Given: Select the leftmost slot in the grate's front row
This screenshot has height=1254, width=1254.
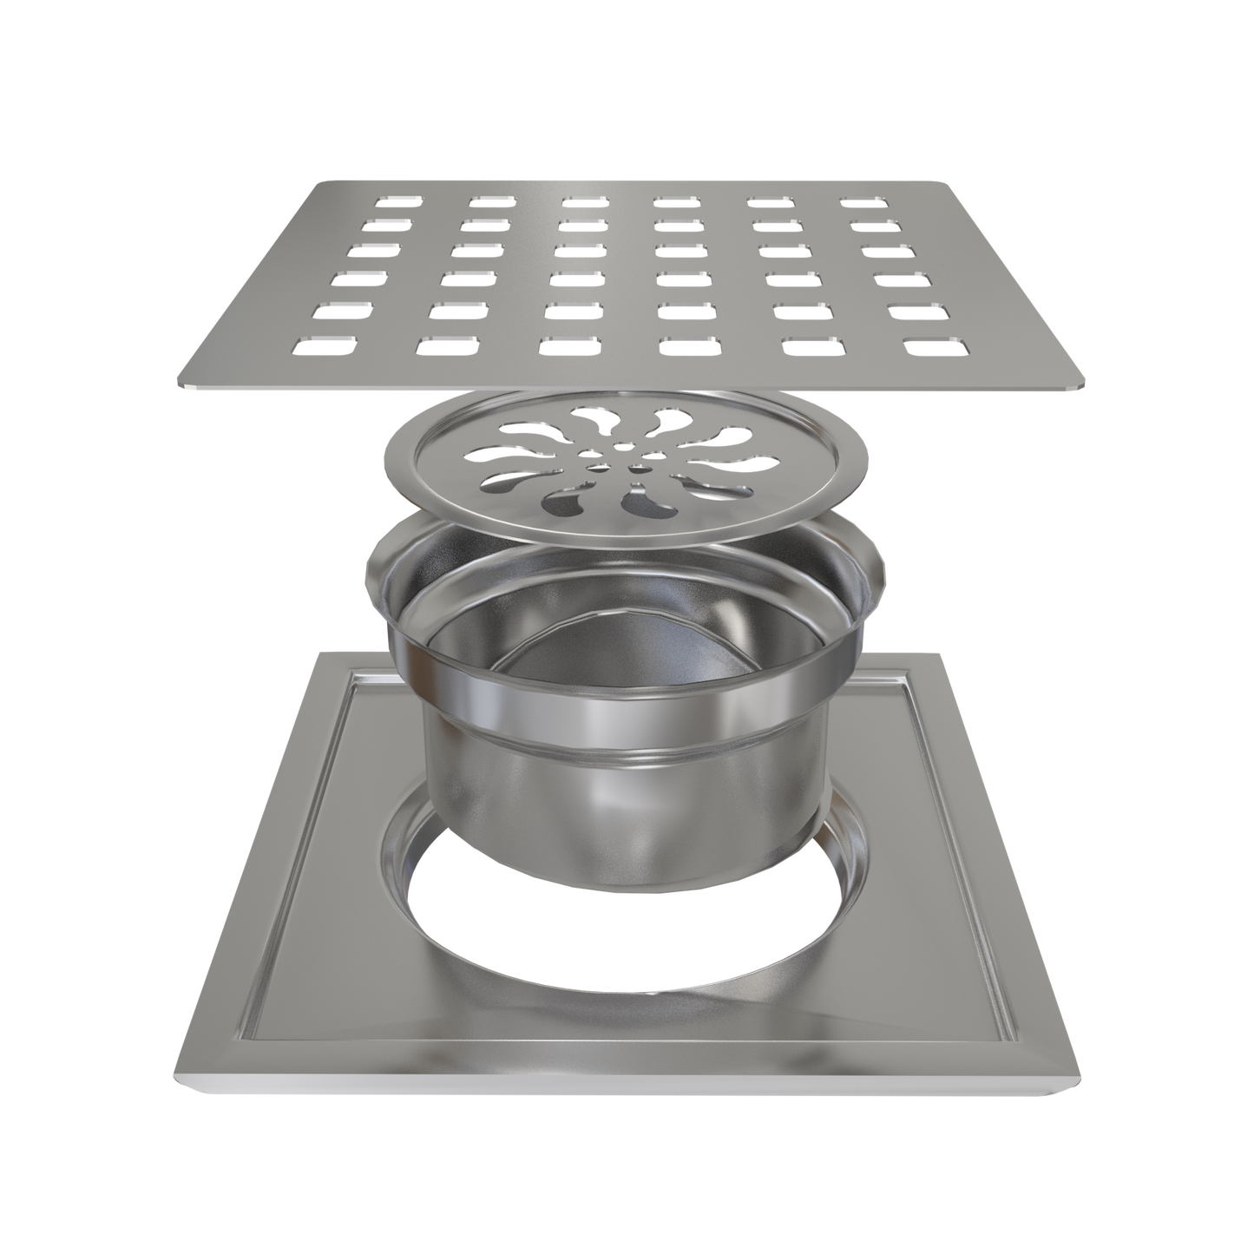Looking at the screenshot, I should point(325,346).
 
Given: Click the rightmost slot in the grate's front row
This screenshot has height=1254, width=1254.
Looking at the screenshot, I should point(934,346).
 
